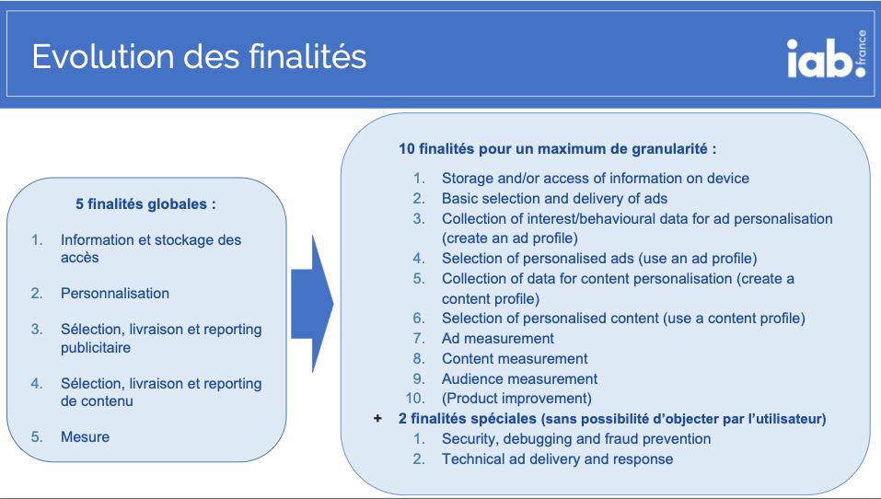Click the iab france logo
coord(827,54)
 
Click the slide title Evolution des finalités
coord(200,57)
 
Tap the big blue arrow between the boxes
coord(312,304)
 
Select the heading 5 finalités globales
coord(146,204)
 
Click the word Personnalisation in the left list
coord(115,294)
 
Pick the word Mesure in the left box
coord(86,436)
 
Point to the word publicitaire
coord(96,348)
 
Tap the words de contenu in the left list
coord(97,401)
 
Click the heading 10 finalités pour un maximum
coord(557,149)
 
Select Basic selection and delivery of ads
coord(554,198)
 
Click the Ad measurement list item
coord(498,338)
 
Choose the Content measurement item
coord(515,358)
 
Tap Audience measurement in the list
coord(520,378)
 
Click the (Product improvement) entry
coord(517,399)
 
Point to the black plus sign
coord(377,419)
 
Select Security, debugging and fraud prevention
coord(576,439)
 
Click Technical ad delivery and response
coord(557,459)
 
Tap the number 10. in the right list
coord(416,399)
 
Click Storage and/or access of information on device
coord(596,178)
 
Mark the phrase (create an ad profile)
coord(510,238)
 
